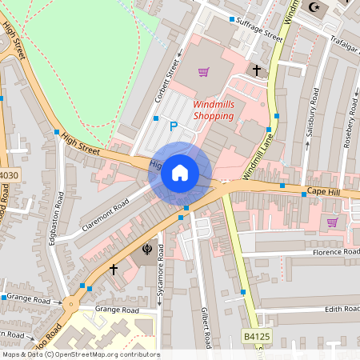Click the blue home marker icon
[180, 172]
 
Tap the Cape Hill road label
[326, 192]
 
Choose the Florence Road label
[337, 251]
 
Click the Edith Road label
[342, 309]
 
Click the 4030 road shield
[8, 175]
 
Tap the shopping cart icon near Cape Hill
[332, 222]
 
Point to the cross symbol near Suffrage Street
[257, 70]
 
